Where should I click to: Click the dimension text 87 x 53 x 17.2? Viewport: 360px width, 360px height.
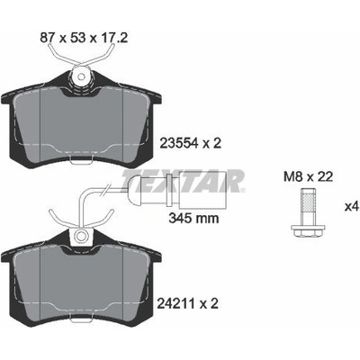click(85, 38)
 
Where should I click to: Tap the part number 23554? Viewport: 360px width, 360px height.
click(179, 144)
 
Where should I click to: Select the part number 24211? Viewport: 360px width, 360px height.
click(176, 303)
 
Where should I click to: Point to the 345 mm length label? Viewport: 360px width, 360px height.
click(193, 218)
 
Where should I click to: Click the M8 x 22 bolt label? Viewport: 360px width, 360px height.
click(308, 177)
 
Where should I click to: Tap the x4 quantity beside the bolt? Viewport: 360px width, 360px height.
click(352, 207)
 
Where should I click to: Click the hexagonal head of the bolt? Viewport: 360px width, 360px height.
click(308, 230)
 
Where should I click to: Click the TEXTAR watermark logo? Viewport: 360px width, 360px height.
click(184, 180)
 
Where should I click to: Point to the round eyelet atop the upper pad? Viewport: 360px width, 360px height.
click(80, 76)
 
